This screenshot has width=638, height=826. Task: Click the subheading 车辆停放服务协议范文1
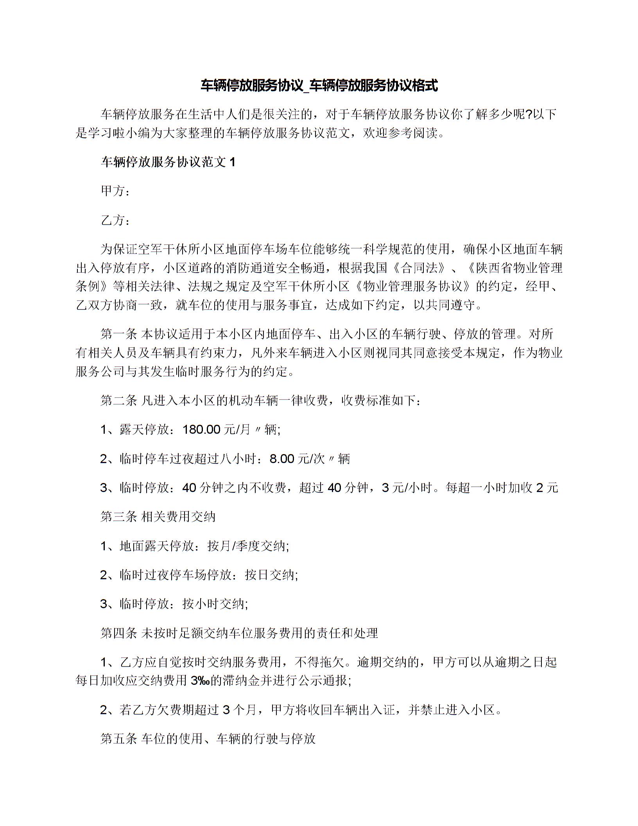coord(168,162)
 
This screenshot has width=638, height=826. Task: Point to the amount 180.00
coord(202,430)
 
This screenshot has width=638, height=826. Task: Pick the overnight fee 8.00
coord(282,459)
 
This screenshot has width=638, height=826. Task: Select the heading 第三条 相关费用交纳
coord(158,517)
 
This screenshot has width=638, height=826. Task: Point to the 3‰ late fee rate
coord(201,681)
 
